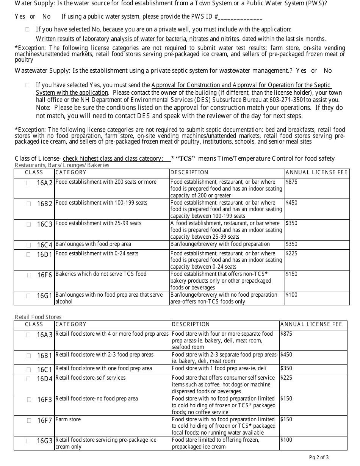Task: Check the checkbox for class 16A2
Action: point(29,183)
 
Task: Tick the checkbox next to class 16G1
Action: point(29,296)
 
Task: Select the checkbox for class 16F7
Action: point(29,420)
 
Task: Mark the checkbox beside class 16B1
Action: point(29,356)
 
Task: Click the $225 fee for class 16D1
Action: point(291,253)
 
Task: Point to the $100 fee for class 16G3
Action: point(286,440)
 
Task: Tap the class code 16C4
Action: point(45,245)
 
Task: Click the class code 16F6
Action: point(45,275)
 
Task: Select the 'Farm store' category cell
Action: point(68,419)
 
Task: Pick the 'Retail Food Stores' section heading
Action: point(38,317)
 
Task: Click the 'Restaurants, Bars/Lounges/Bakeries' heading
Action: point(62,165)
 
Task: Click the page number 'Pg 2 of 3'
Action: point(319,457)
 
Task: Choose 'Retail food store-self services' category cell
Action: point(91,378)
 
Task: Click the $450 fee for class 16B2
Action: point(291,203)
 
